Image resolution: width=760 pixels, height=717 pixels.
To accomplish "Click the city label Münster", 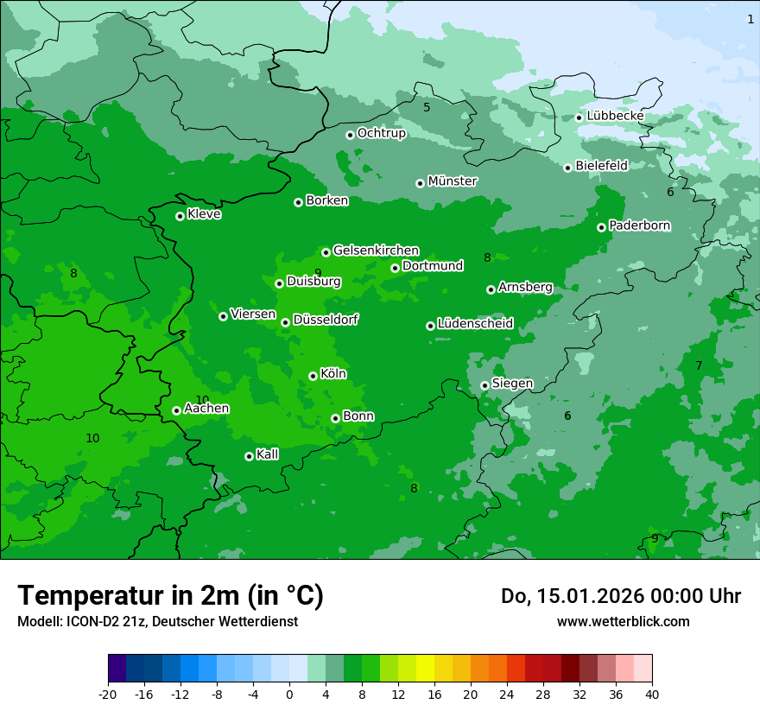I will pyautogui.click(x=453, y=181).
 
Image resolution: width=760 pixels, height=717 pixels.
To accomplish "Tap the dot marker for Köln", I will pyautogui.click(x=313, y=376).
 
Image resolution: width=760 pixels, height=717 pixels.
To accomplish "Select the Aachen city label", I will pyautogui.click(x=206, y=408).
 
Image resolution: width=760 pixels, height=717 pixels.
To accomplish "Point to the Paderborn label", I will pyautogui.click(x=639, y=225).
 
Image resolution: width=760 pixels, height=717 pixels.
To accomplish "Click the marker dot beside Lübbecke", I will pyautogui.click(x=579, y=117).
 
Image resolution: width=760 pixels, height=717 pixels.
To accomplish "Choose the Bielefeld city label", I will pyautogui.click(x=601, y=166).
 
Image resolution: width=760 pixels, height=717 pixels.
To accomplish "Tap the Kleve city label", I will pyautogui.click(x=204, y=214).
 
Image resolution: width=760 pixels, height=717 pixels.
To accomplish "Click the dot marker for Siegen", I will pyautogui.click(x=484, y=385).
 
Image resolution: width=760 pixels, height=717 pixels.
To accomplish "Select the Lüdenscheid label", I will pyautogui.click(x=475, y=324).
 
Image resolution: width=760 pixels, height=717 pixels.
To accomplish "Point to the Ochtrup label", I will pyautogui.click(x=381, y=133).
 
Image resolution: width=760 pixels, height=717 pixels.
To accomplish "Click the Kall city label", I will pyautogui.click(x=267, y=454).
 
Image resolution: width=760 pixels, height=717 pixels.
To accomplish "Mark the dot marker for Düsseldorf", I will pyautogui.click(x=285, y=322).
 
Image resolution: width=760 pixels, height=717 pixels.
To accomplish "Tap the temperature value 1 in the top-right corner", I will pyautogui.click(x=750, y=19).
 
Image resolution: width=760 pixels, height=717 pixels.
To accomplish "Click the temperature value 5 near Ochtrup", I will pyautogui.click(x=426, y=108).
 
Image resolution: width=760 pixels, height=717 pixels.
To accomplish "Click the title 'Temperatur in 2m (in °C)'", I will pyautogui.click(x=170, y=596).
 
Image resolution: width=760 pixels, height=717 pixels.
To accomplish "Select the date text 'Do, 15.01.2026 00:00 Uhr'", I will pyautogui.click(x=620, y=596).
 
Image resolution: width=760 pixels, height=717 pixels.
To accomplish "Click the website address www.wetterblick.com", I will pyautogui.click(x=623, y=622).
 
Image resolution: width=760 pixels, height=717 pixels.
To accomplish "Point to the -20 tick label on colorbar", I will pyautogui.click(x=108, y=694).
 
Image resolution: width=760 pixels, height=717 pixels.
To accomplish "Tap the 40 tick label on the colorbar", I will pyautogui.click(x=651, y=694).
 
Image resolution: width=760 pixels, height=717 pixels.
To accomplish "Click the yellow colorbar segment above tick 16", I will pyautogui.click(x=425, y=669).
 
